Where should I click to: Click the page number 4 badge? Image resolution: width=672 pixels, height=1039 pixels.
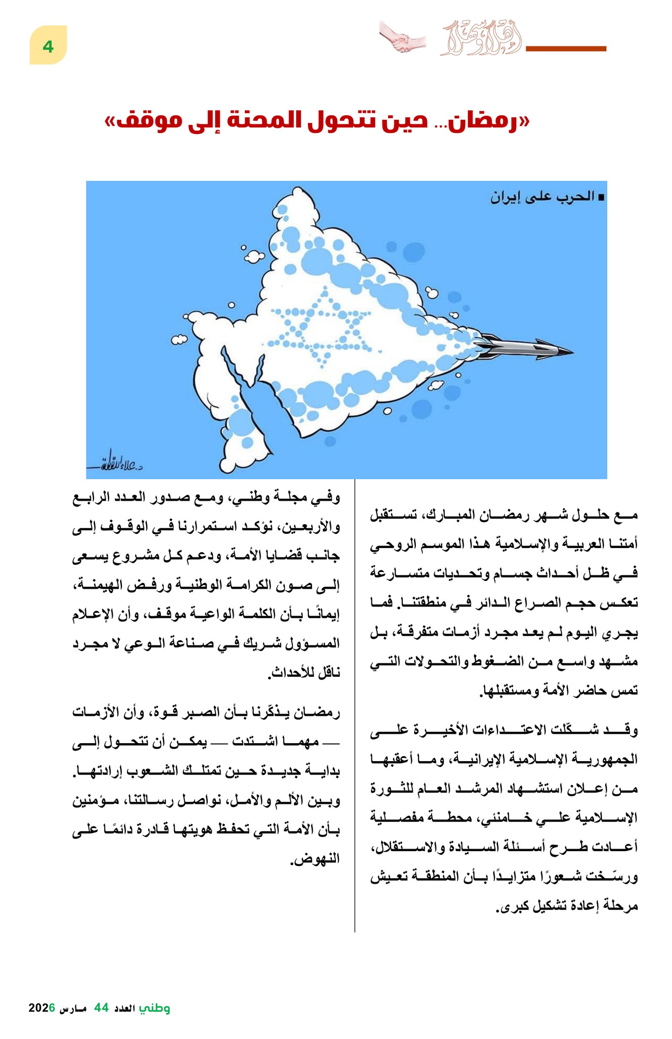click(x=48, y=45)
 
